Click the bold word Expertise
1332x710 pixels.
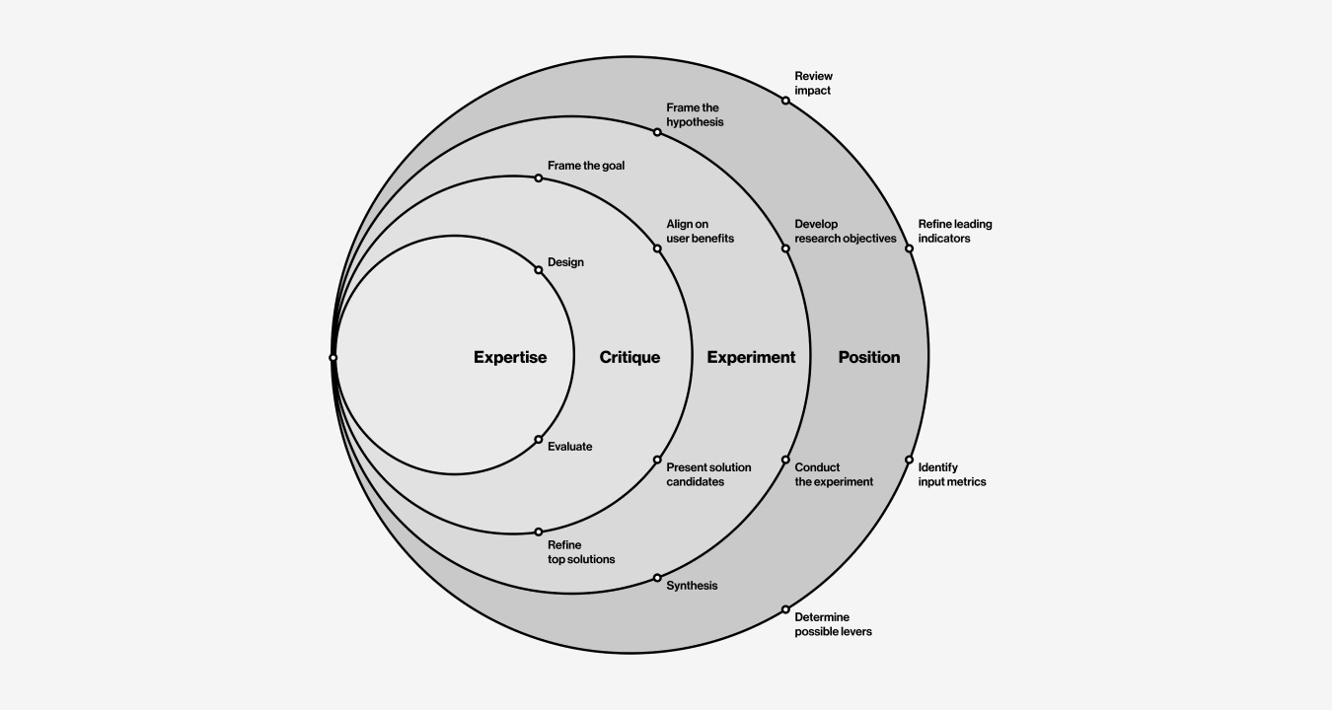coord(509,357)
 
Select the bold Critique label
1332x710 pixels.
coord(629,357)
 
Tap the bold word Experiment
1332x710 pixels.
coord(751,357)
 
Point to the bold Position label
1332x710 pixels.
coord(868,357)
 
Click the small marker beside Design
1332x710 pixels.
coord(539,270)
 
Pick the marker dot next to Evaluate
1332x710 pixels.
coord(539,440)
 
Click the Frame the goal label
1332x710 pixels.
coord(586,166)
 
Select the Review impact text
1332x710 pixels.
coord(813,83)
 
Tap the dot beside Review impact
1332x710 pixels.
coord(785,101)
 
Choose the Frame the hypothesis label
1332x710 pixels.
coord(695,114)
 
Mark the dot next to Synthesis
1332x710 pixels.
coord(657,578)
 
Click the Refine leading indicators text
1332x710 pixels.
coord(954,231)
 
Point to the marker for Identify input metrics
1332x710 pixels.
coord(909,460)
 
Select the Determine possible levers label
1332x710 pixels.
coord(833,624)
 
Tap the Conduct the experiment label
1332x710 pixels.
coord(834,474)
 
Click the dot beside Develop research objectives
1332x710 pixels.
coord(785,248)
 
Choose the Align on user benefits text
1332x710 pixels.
coord(700,231)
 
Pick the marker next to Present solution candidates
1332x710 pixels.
coord(657,460)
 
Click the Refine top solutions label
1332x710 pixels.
coord(580,552)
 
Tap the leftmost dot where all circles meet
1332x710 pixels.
coord(333,358)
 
